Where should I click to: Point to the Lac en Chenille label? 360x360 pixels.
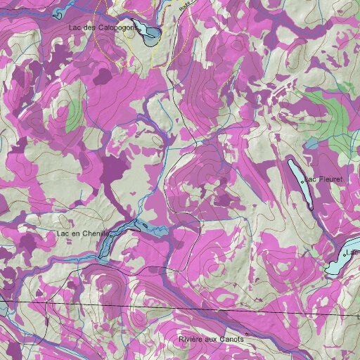[x=83, y=233]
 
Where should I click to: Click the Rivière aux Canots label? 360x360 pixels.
[x=212, y=340]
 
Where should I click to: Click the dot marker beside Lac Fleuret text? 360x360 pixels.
[x=303, y=181]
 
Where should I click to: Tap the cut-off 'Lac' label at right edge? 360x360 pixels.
[x=353, y=252]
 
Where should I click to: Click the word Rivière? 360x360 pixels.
[x=191, y=340]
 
